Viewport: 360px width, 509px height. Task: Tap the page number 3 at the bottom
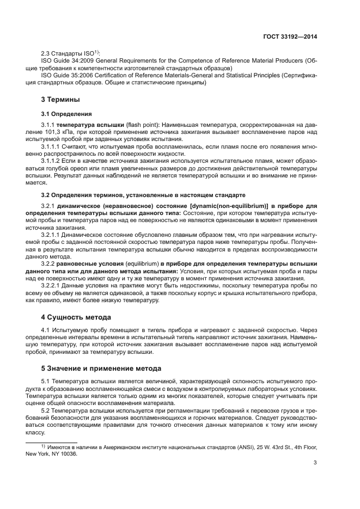click(315, 464)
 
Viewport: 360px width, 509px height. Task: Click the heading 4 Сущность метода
click(76, 316)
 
